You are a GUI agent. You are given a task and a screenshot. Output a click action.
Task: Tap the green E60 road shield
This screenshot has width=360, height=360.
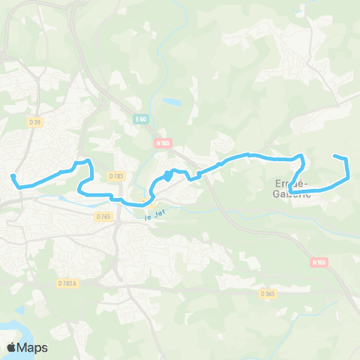pos(142,118)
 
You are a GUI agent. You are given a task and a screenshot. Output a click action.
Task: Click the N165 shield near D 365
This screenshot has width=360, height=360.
pos(319,262)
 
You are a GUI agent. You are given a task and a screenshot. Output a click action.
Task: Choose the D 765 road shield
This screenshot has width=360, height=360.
pos(103,216)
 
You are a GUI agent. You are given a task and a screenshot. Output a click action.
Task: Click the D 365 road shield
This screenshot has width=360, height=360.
pos(269,293)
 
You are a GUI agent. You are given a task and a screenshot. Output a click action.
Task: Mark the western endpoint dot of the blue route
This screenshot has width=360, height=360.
pos(13,177)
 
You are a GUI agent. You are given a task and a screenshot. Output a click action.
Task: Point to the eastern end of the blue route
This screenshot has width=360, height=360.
pos(334,156)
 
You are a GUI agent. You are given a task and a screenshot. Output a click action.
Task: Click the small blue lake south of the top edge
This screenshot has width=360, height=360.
pos(172,100)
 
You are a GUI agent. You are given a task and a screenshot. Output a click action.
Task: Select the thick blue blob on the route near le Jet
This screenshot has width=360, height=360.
pos(167,175)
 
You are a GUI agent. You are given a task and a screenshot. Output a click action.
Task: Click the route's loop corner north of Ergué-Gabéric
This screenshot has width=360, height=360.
pos(301,157)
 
